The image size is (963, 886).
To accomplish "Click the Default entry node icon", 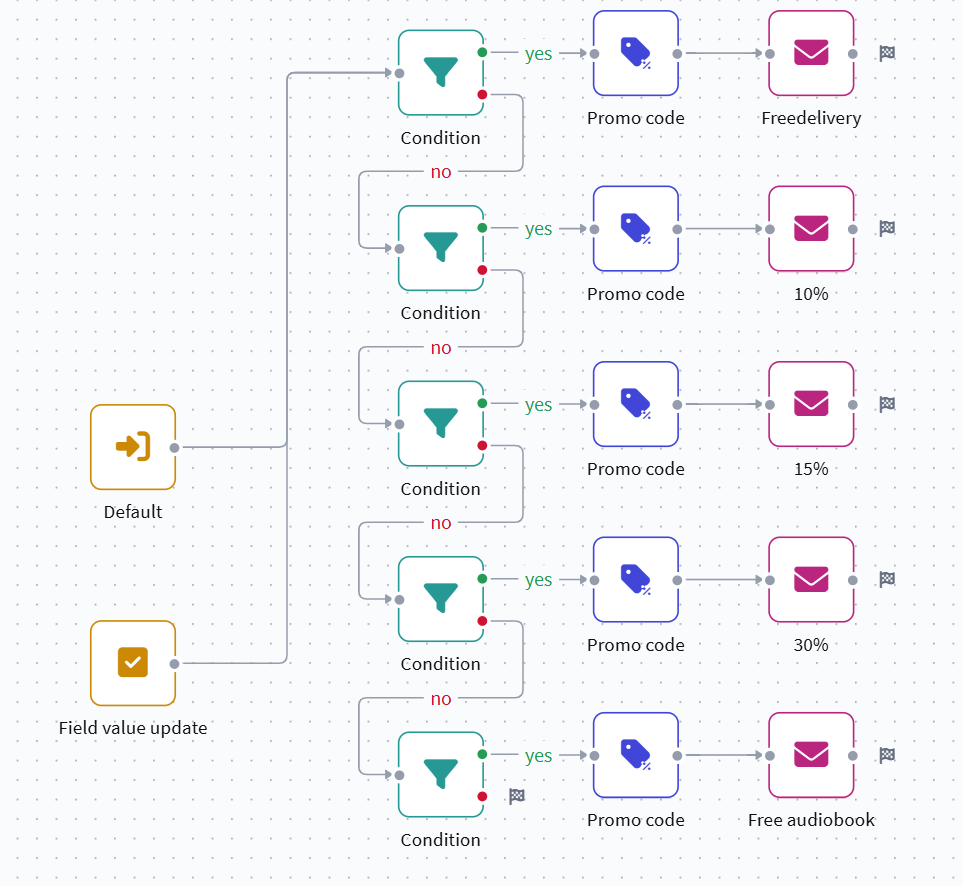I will (x=133, y=446).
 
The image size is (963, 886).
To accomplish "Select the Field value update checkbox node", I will (x=133, y=662).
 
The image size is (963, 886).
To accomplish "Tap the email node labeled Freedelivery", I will (x=811, y=53).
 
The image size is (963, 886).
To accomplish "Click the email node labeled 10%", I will (x=811, y=228).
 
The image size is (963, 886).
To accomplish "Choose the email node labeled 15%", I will (x=811, y=404).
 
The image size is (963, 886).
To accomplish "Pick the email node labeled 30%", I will (x=811, y=579).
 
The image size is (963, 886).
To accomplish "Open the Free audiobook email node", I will (x=811, y=755).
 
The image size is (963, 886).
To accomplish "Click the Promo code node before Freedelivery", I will (x=636, y=53).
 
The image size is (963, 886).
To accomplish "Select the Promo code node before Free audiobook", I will (x=636, y=755).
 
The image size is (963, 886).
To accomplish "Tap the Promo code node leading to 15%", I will (x=636, y=404).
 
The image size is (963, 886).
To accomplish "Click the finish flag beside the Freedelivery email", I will (x=886, y=53).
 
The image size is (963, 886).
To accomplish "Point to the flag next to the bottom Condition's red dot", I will (x=516, y=796).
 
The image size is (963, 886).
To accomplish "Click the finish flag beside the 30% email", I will (x=886, y=579).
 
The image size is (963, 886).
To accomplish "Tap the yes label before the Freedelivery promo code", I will (x=538, y=54).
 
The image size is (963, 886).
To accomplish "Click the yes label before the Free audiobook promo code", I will (x=538, y=756).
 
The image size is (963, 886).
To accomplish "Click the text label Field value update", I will (x=133, y=728).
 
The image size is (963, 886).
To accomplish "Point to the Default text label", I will (x=133, y=512).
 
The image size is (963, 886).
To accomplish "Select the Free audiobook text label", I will (x=811, y=820).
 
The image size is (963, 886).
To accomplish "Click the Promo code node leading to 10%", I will (x=636, y=228).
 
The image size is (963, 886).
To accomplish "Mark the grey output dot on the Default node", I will (x=175, y=447).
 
